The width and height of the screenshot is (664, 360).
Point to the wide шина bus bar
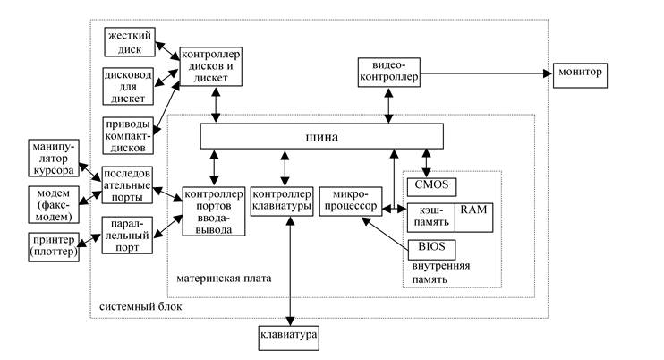click(x=322, y=136)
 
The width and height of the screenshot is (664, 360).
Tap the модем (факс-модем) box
click(x=53, y=203)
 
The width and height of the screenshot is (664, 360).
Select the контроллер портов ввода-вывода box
click(x=213, y=212)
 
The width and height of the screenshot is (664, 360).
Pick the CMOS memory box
click(x=432, y=186)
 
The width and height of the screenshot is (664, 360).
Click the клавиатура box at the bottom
click(x=288, y=338)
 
